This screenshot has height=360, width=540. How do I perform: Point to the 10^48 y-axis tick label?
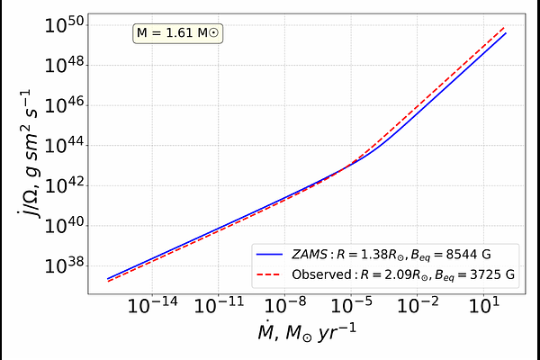[66, 64]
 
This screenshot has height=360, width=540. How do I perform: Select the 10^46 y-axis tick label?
[66, 104]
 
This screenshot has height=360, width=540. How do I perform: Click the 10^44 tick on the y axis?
[66, 145]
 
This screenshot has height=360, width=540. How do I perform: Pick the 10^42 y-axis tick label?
[66, 185]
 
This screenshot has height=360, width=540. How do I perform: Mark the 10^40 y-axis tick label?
[66, 226]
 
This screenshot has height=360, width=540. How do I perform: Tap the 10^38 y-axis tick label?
[66, 266]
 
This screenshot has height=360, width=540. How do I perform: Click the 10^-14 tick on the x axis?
[152, 307]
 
